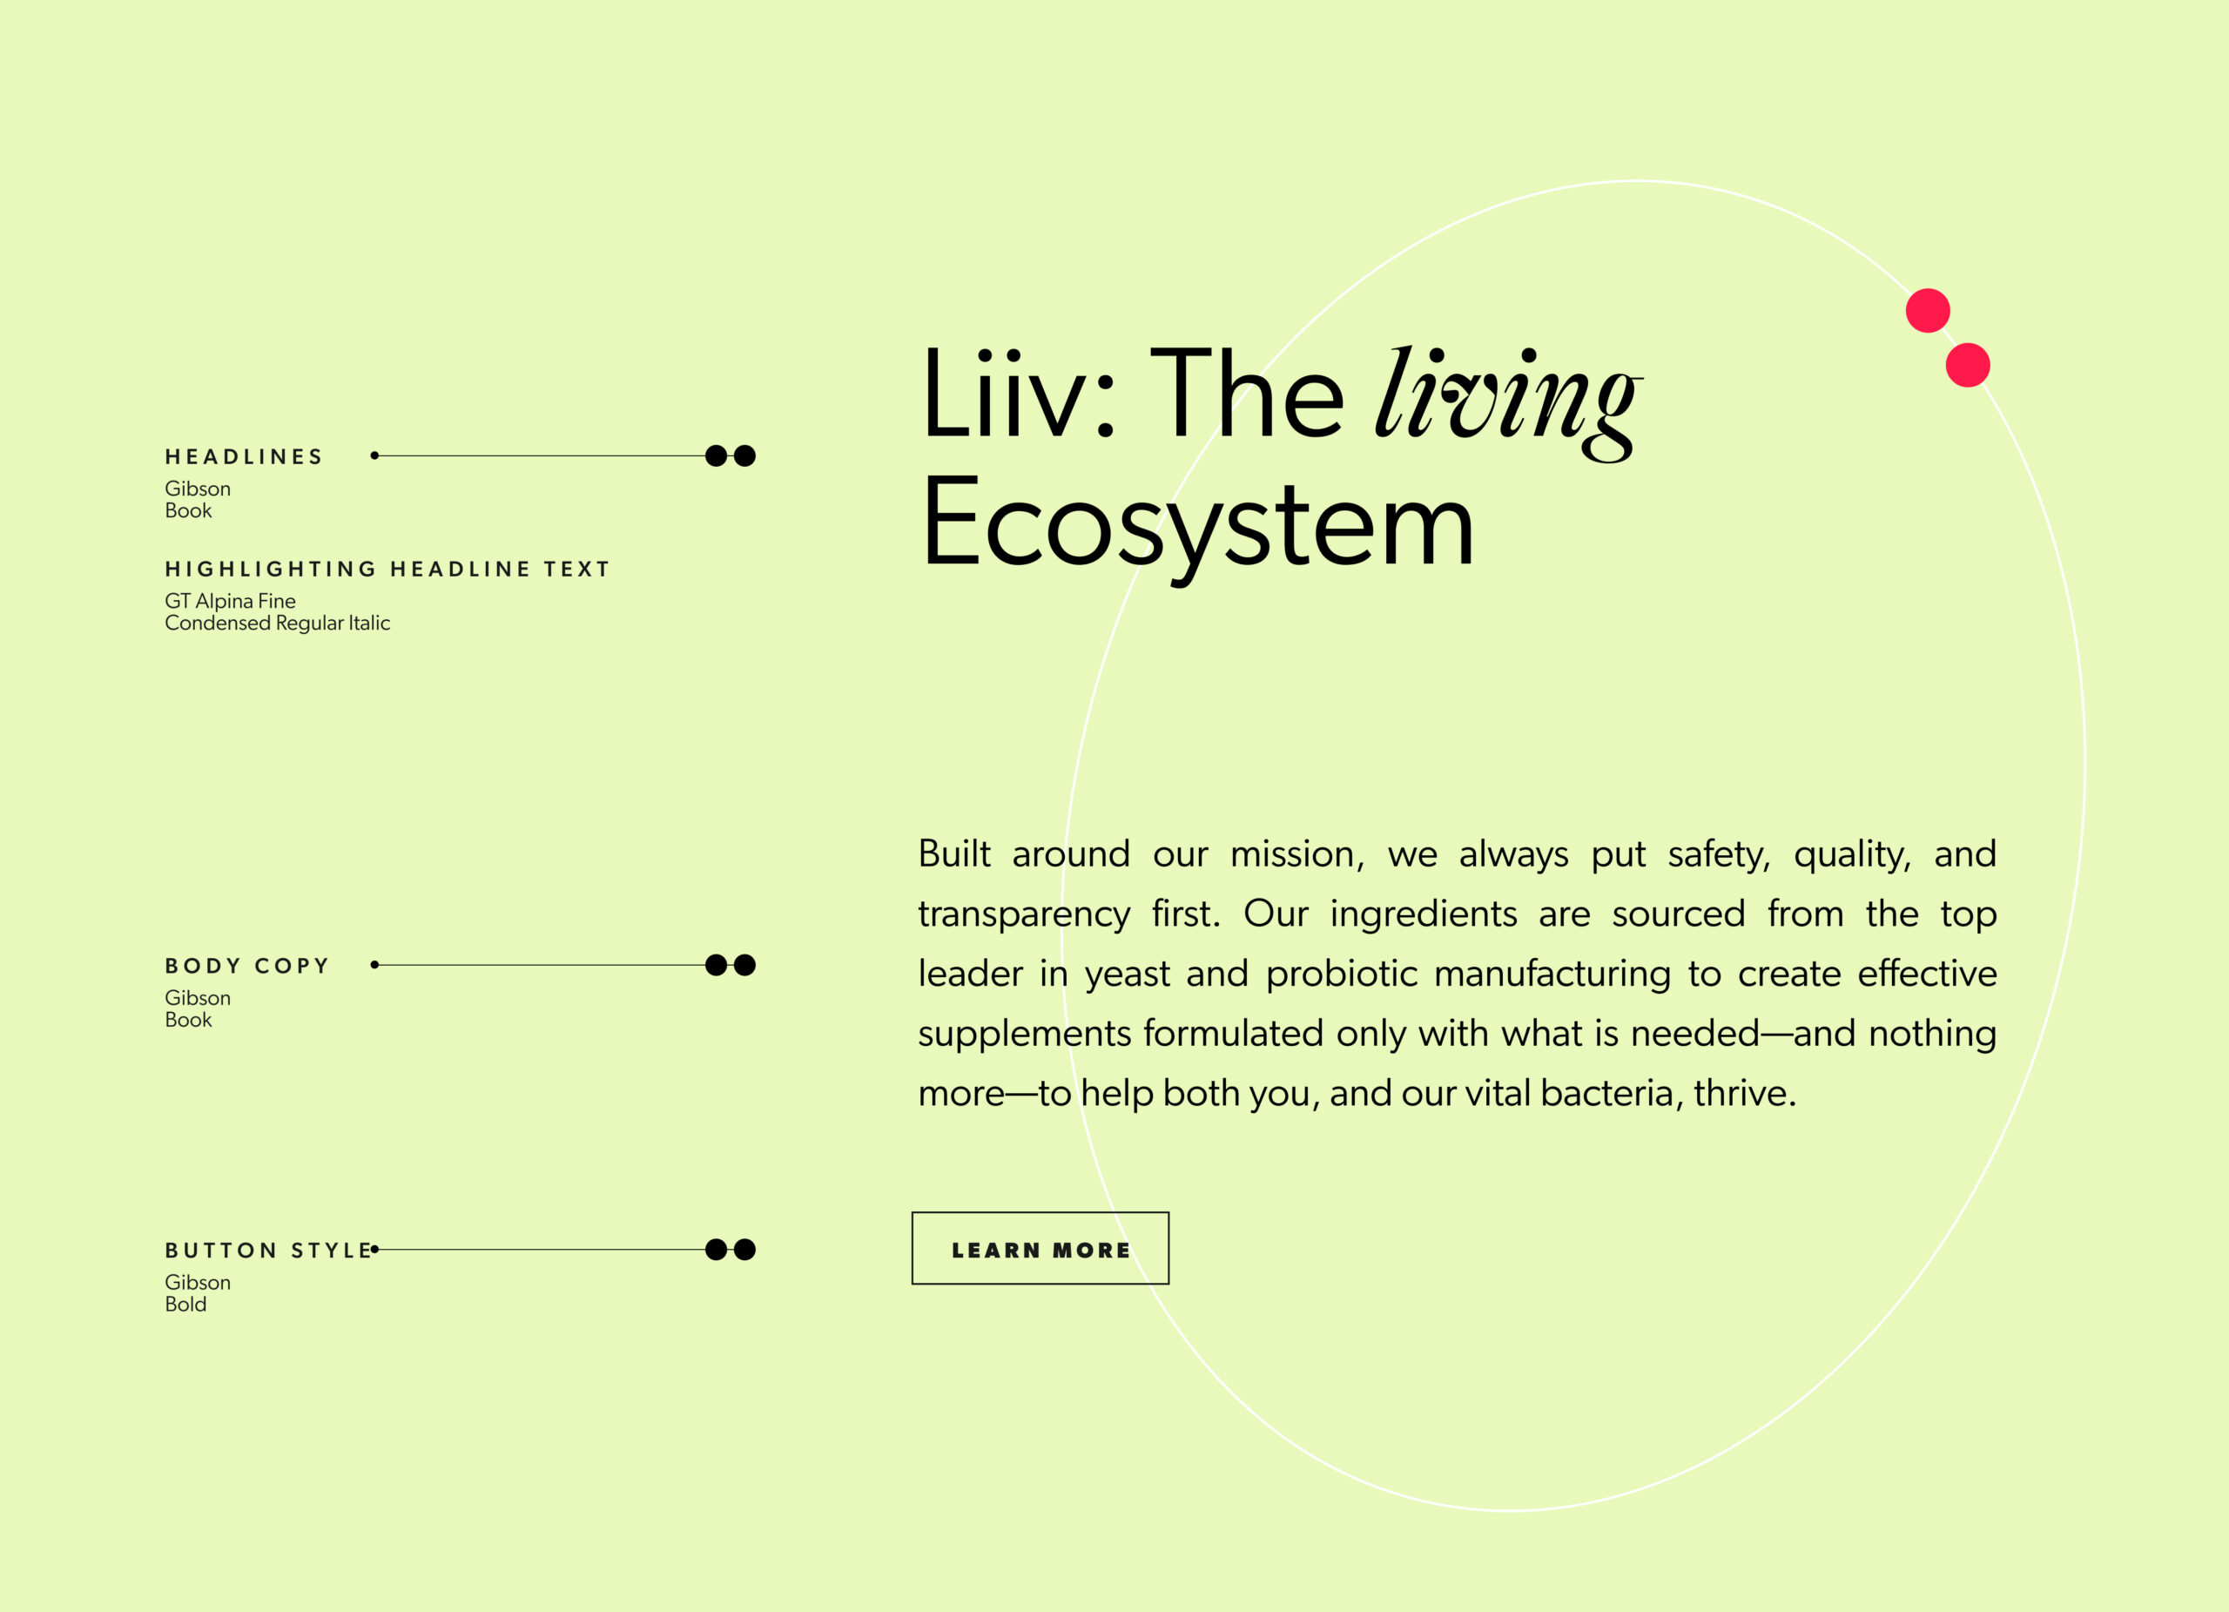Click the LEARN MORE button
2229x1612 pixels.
1040,1248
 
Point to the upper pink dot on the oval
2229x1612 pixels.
1927,311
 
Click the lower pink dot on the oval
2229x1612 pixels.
1968,365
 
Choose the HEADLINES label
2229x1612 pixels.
244,457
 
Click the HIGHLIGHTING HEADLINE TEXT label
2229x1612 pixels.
387,569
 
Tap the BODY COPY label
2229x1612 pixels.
246,966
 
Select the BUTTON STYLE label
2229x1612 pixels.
268,1251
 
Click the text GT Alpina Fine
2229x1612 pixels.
230,601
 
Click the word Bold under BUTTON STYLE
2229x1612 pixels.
185,1305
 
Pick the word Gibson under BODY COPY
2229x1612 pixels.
198,998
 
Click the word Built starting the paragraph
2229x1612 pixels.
954,853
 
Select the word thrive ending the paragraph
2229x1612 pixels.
1740,1093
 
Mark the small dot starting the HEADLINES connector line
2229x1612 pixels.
374,455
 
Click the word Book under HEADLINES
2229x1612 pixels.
189,510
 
